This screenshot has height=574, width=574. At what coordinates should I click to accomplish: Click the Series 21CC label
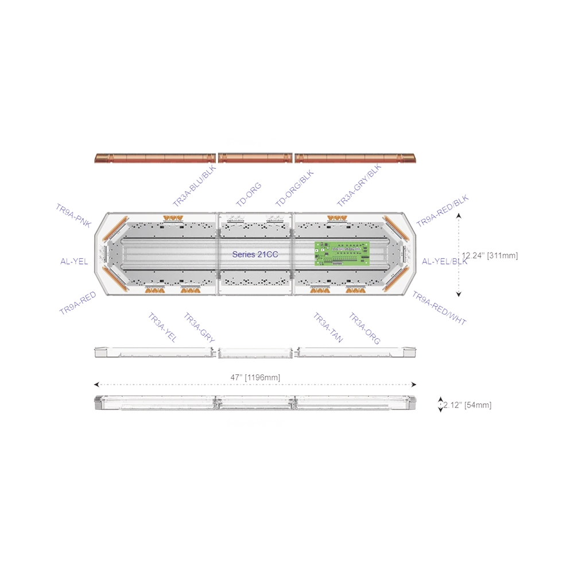pyautogui.click(x=256, y=253)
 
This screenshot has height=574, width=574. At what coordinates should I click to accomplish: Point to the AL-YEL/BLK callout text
pyautogui.click(x=443, y=261)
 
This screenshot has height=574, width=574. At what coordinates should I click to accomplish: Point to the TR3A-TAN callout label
pyautogui.click(x=328, y=327)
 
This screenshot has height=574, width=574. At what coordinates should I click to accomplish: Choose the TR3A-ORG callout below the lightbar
pyautogui.click(x=364, y=327)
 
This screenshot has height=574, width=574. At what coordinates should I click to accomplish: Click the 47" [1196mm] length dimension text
pyautogui.click(x=255, y=377)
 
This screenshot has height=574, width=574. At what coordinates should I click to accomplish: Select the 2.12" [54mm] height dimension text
pyautogui.click(x=467, y=405)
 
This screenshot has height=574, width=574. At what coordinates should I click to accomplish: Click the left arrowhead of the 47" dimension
pyautogui.click(x=96, y=385)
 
